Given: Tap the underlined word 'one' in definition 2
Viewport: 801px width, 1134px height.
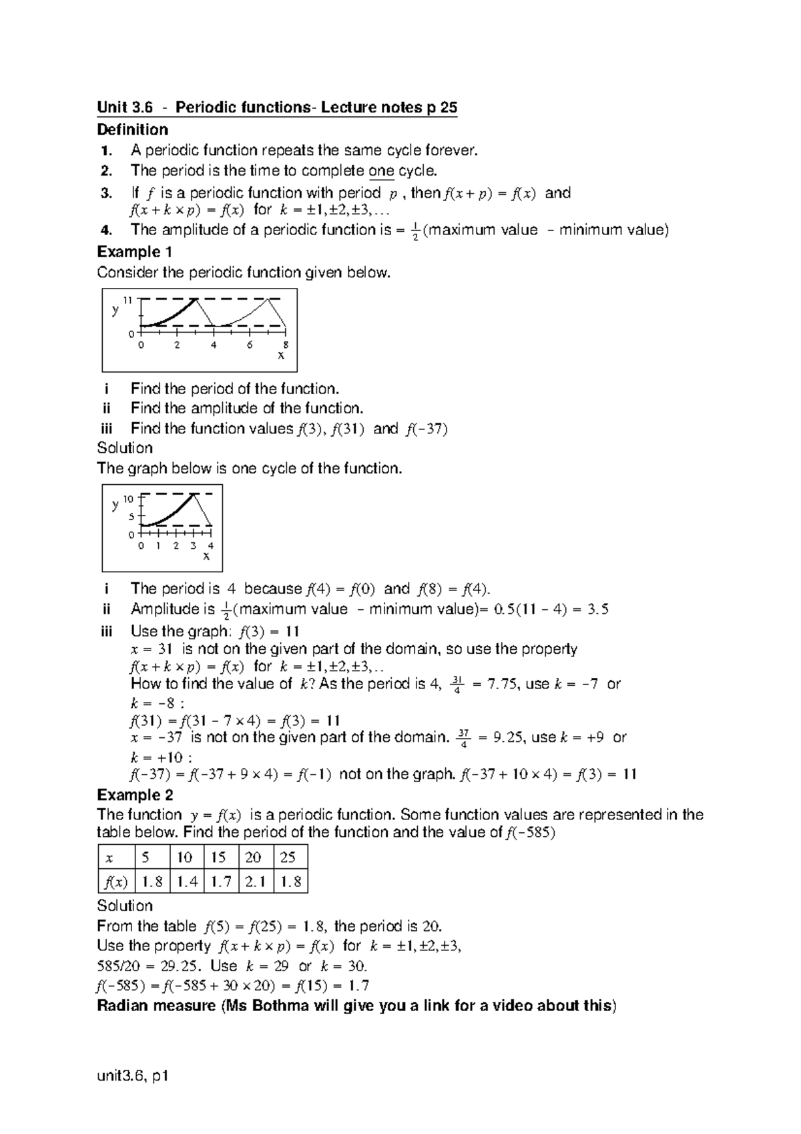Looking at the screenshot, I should coord(381,171).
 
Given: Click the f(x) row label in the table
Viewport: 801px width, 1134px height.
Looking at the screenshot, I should coord(115,882).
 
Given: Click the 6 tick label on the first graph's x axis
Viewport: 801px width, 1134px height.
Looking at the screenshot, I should coord(250,345).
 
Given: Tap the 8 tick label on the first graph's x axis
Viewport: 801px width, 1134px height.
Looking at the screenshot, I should coord(286,345).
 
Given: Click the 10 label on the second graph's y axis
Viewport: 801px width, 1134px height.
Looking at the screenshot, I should coord(129,498).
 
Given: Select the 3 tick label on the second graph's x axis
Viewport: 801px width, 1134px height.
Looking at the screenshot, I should coord(193,546).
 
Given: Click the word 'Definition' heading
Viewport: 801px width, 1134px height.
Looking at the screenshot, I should coord(132,129).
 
